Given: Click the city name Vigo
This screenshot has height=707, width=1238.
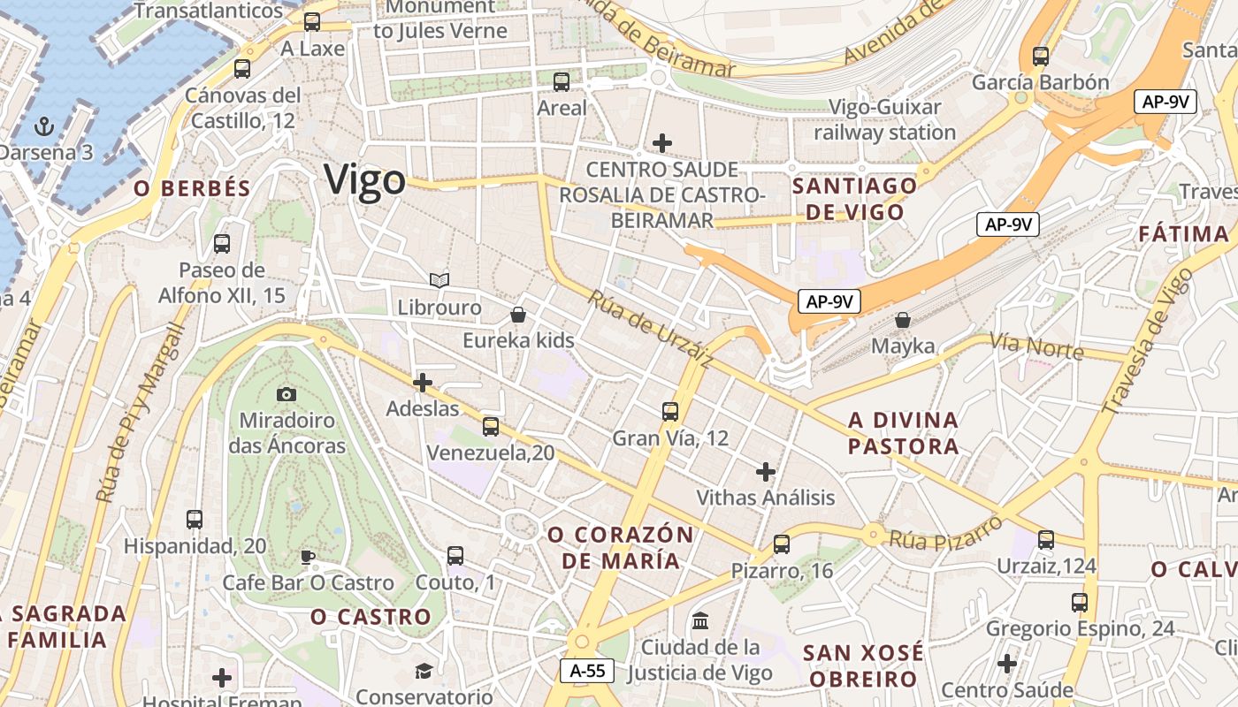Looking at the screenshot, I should click(364, 179).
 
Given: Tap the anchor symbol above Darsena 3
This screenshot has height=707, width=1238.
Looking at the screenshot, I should click(44, 126).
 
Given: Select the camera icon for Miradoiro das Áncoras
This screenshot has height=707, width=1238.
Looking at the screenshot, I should click(287, 394).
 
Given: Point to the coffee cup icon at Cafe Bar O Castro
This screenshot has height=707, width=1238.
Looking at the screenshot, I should click(307, 556).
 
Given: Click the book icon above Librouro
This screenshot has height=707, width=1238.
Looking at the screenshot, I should click(439, 280).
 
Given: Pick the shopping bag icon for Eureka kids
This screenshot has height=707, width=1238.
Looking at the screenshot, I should click(518, 314).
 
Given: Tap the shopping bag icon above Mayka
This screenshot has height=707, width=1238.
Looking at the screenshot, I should click(903, 319).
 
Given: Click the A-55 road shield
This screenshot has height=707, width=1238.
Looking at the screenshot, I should click(588, 671).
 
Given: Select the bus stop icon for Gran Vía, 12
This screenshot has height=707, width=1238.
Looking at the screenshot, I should click(670, 411).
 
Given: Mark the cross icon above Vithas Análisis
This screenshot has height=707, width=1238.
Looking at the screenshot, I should click(766, 472).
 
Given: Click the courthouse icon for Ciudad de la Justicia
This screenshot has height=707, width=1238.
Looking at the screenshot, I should click(700, 621).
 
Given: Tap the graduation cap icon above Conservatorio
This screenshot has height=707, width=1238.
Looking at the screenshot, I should click(424, 672).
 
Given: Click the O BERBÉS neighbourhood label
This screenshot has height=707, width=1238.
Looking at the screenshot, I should click(193, 188).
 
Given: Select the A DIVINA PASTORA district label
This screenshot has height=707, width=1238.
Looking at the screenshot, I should click(903, 432).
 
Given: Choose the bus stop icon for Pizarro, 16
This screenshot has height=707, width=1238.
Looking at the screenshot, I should click(782, 544).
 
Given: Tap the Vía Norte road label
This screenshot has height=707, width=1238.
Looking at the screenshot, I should click(1035, 346).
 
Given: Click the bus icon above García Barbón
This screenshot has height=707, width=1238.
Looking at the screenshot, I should click(1040, 57).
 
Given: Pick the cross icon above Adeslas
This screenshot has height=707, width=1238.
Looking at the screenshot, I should click(423, 383).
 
